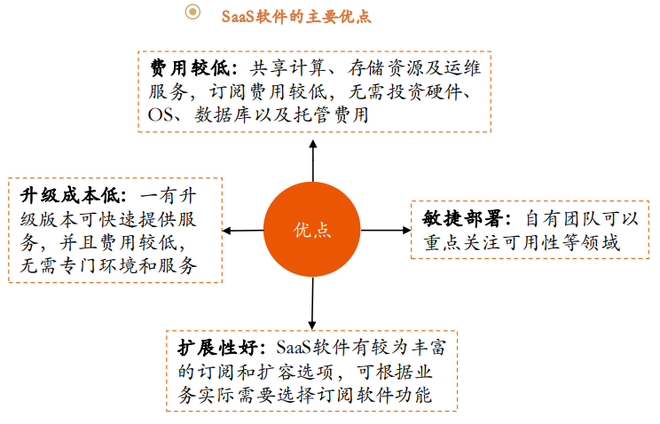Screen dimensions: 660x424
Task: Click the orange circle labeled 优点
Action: pos(312,230)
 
